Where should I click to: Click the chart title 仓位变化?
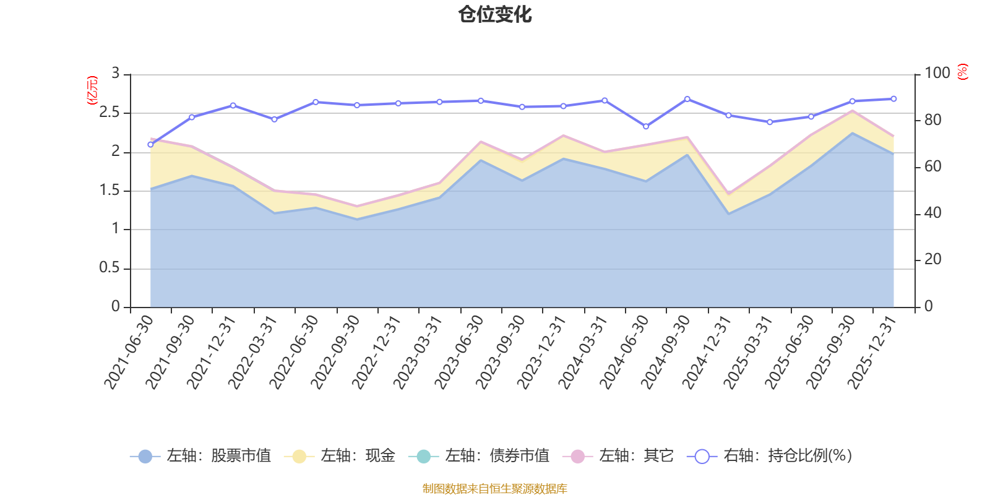(494, 15)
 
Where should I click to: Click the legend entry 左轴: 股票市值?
(200, 455)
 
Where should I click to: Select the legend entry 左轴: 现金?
(340, 455)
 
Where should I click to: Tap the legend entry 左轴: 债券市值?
(479, 455)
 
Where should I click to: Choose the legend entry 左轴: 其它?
(618, 455)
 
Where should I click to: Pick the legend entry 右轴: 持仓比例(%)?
(770, 455)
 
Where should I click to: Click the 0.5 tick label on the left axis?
(109, 267)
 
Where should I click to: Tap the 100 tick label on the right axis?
(937, 73)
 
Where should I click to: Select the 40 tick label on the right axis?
(932, 213)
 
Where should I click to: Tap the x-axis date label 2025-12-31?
(871, 352)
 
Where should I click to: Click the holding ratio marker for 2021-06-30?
(151, 145)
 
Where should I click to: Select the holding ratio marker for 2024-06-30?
(646, 126)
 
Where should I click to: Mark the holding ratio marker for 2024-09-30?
(687, 100)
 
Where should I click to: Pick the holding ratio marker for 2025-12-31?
(893, 99)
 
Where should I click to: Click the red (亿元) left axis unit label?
(92, 90)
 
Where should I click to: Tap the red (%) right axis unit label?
(963, 72)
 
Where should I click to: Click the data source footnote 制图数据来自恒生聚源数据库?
(494, 488)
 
